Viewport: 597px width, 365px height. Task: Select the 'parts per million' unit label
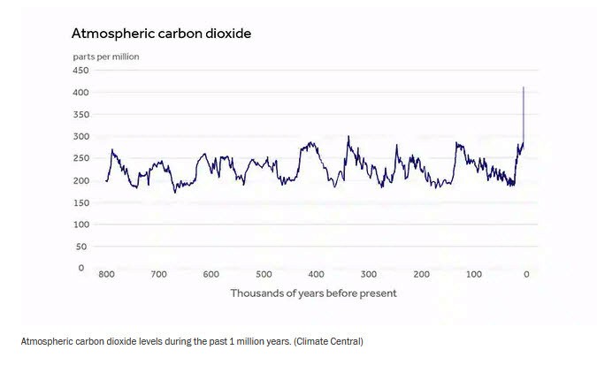pos(105,57)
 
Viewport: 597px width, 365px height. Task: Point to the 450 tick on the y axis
pos(81,71)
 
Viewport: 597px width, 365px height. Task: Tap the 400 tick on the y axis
pos(81,93)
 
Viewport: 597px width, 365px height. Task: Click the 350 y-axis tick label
pos(81,115)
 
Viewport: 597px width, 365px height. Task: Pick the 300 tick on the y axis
pos(81,137)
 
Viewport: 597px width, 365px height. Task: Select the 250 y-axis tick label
pos(81,159)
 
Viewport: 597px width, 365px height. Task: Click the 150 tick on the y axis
pos(81,202)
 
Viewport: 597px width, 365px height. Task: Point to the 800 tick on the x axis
pos(107,275)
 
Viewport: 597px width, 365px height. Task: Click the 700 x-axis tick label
pos(159,275)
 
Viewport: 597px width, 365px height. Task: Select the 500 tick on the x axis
pos(264,275)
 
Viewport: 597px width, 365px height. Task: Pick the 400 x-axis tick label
pos(317,275)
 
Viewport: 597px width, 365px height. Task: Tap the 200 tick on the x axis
pos(422,275)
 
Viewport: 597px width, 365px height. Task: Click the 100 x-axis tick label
pos(474,275)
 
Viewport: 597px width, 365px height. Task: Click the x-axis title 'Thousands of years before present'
pos(313,293)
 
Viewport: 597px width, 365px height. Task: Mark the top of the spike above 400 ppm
pos(524,87)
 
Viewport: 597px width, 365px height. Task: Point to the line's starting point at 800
pos(106,180)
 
